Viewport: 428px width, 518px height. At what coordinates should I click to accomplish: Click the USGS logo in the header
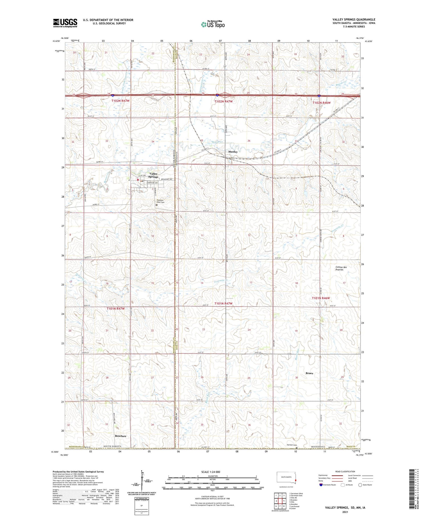65,23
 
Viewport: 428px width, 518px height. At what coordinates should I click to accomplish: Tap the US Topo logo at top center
213,24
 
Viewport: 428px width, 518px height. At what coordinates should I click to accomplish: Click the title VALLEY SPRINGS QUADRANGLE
354,20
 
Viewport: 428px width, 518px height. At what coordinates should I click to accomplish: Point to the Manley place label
233,152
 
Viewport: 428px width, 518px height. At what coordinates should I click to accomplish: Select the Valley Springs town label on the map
153,175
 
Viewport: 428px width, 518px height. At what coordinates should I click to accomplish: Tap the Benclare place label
120,436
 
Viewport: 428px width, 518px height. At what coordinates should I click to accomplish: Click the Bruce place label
309,373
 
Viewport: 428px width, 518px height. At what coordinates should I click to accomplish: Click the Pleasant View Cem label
160,201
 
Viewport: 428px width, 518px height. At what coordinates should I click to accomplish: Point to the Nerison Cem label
292,445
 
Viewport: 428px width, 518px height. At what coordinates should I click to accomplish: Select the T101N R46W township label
321,298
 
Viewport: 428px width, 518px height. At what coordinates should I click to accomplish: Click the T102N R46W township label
321,103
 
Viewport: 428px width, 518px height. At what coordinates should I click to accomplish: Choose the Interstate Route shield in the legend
321,485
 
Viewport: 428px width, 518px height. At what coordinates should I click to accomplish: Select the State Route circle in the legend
360,485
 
